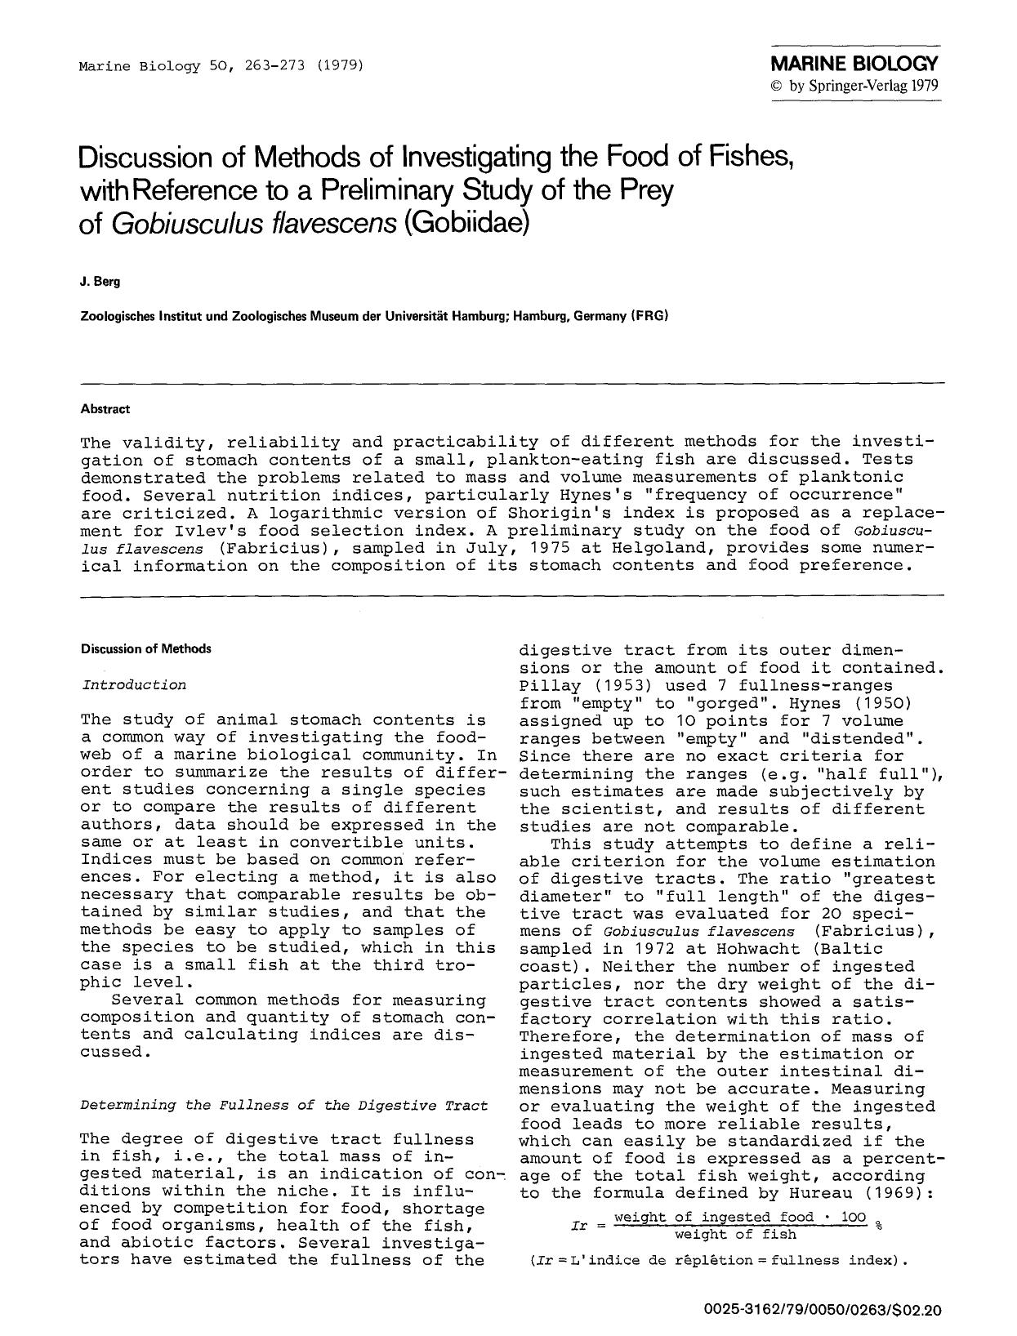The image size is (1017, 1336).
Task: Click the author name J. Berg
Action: coord(100,282)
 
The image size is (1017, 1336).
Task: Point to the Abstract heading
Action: coord(105,408)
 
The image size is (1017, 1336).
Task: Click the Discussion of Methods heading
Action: coord(145,648)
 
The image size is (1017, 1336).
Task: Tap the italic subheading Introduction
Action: coord(134,684)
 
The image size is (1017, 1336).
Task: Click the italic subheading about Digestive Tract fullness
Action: coord(284,1105)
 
